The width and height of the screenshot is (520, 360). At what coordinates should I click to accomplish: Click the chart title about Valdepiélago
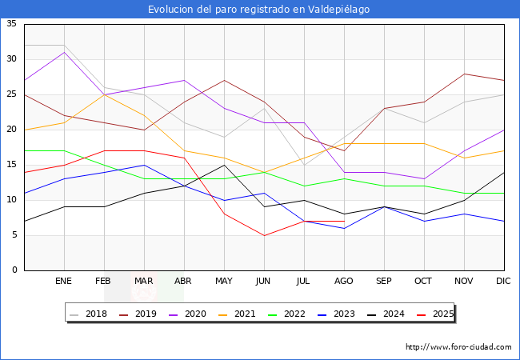(x=259, y=10)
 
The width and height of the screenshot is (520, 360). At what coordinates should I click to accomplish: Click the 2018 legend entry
(x=89, y=314)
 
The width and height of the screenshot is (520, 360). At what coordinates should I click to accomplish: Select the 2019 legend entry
(x=138, y=314)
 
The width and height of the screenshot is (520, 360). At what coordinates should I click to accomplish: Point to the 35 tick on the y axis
(x=11, y=24)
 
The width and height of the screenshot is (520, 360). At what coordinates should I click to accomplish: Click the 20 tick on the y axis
(x=11, y=130)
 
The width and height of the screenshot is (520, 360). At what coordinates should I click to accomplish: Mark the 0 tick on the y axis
(x=14, y=270)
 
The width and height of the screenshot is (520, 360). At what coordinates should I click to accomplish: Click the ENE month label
(x=64, y=282)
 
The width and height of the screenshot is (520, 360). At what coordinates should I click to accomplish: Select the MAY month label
(x=224, y=282)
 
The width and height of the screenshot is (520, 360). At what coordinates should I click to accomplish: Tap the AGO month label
(x=344, y=282)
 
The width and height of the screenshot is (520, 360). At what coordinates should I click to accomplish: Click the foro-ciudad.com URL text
(x=458, y=347)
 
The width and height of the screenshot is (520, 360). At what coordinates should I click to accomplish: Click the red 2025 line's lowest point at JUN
(x=264, y=235)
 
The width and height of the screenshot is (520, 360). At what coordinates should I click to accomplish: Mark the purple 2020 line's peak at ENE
(x=64, y=52)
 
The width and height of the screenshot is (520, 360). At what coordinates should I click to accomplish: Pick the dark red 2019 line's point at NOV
(x=464, y=74)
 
